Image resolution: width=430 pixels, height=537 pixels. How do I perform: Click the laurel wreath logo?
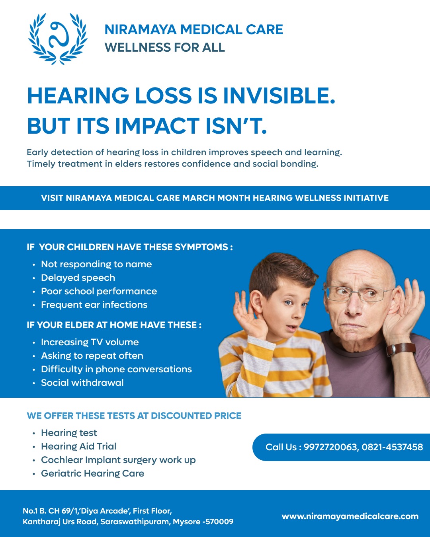click(58, 39)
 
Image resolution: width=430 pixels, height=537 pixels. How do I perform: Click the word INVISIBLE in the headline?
click(279, 96)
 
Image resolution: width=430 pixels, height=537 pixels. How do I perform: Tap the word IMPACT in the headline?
click(157, 126)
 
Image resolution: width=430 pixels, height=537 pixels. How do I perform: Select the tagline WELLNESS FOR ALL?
click(164, 48)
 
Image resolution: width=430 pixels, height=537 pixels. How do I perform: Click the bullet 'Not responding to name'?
click(96, 264)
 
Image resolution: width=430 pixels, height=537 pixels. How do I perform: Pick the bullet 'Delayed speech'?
click(78, 278)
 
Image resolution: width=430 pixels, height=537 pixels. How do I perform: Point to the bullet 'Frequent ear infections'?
click(94, 305)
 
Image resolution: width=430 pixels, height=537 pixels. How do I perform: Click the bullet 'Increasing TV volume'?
click(90, 342)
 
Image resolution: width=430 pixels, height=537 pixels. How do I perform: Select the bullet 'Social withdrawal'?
click(82, 383)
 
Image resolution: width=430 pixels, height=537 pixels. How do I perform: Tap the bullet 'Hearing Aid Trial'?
click(79, 446)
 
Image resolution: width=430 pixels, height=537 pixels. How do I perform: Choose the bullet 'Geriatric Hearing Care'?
click(92, 473)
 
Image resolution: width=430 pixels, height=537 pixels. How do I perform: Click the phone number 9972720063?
click(330, 447)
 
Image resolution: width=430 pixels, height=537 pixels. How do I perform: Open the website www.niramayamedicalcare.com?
click(350, 516)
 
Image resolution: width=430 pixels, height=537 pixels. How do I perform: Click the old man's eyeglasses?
click(354, 293)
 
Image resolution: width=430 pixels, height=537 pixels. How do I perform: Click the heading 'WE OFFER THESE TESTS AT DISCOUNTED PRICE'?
click(134, 416)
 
